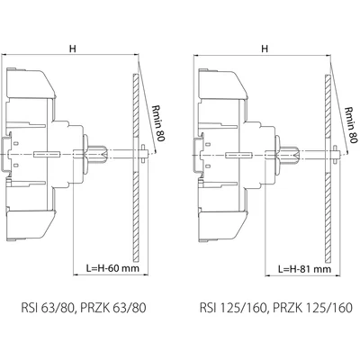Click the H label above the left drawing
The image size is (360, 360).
tap(73, 49)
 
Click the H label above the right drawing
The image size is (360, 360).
tap(265, 49)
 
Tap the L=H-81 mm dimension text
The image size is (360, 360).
tap(304, 268)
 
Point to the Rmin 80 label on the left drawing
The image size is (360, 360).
tap(157, 123)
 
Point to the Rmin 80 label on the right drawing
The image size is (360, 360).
tap(351, 124)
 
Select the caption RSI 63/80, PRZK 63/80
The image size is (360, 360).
tap(84, 308)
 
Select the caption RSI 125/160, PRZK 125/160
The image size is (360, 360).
tap(276, 308)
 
